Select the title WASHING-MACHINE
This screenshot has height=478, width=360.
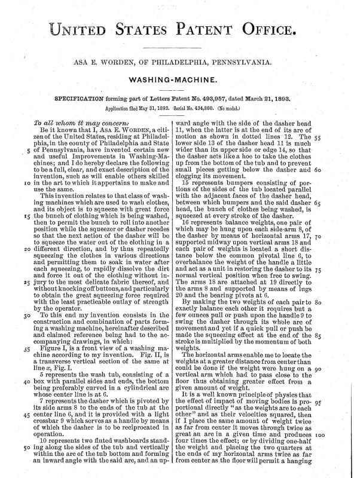pyautogui.click(x=180, y=78)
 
